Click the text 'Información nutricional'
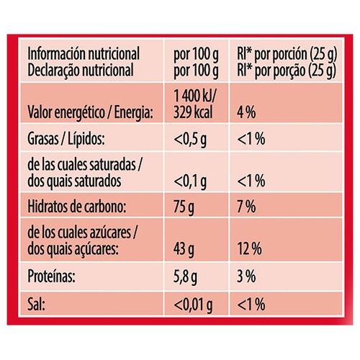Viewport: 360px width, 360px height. (84, 53)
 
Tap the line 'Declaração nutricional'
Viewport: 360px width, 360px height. (81, 70)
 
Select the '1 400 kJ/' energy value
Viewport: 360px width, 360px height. (194, 96)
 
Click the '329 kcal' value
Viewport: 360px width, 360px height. (193, 112)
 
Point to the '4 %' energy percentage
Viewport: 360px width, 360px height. (246, 112)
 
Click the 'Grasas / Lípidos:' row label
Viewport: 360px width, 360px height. (66, 139)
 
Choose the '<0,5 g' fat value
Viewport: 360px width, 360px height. (190, 140)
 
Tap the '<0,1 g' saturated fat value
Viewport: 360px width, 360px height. (190, 181)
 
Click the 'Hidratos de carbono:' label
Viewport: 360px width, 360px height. (77, 206)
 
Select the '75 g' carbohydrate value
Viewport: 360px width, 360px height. (184, 207)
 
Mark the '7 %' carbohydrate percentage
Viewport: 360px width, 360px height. (246, 207)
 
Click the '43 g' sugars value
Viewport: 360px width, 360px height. (184, 249)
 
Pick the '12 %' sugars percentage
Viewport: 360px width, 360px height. (250, 248)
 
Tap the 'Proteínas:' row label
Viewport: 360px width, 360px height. (51, 276)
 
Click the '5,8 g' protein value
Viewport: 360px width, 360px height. (185, 277)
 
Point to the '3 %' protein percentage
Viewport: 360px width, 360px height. (246, 276)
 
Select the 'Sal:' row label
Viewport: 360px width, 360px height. (36, 305)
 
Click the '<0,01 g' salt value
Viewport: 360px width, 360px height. (193, 305)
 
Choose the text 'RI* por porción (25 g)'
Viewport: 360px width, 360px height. (287, 54)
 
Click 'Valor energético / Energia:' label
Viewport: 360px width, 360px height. (90, 112)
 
